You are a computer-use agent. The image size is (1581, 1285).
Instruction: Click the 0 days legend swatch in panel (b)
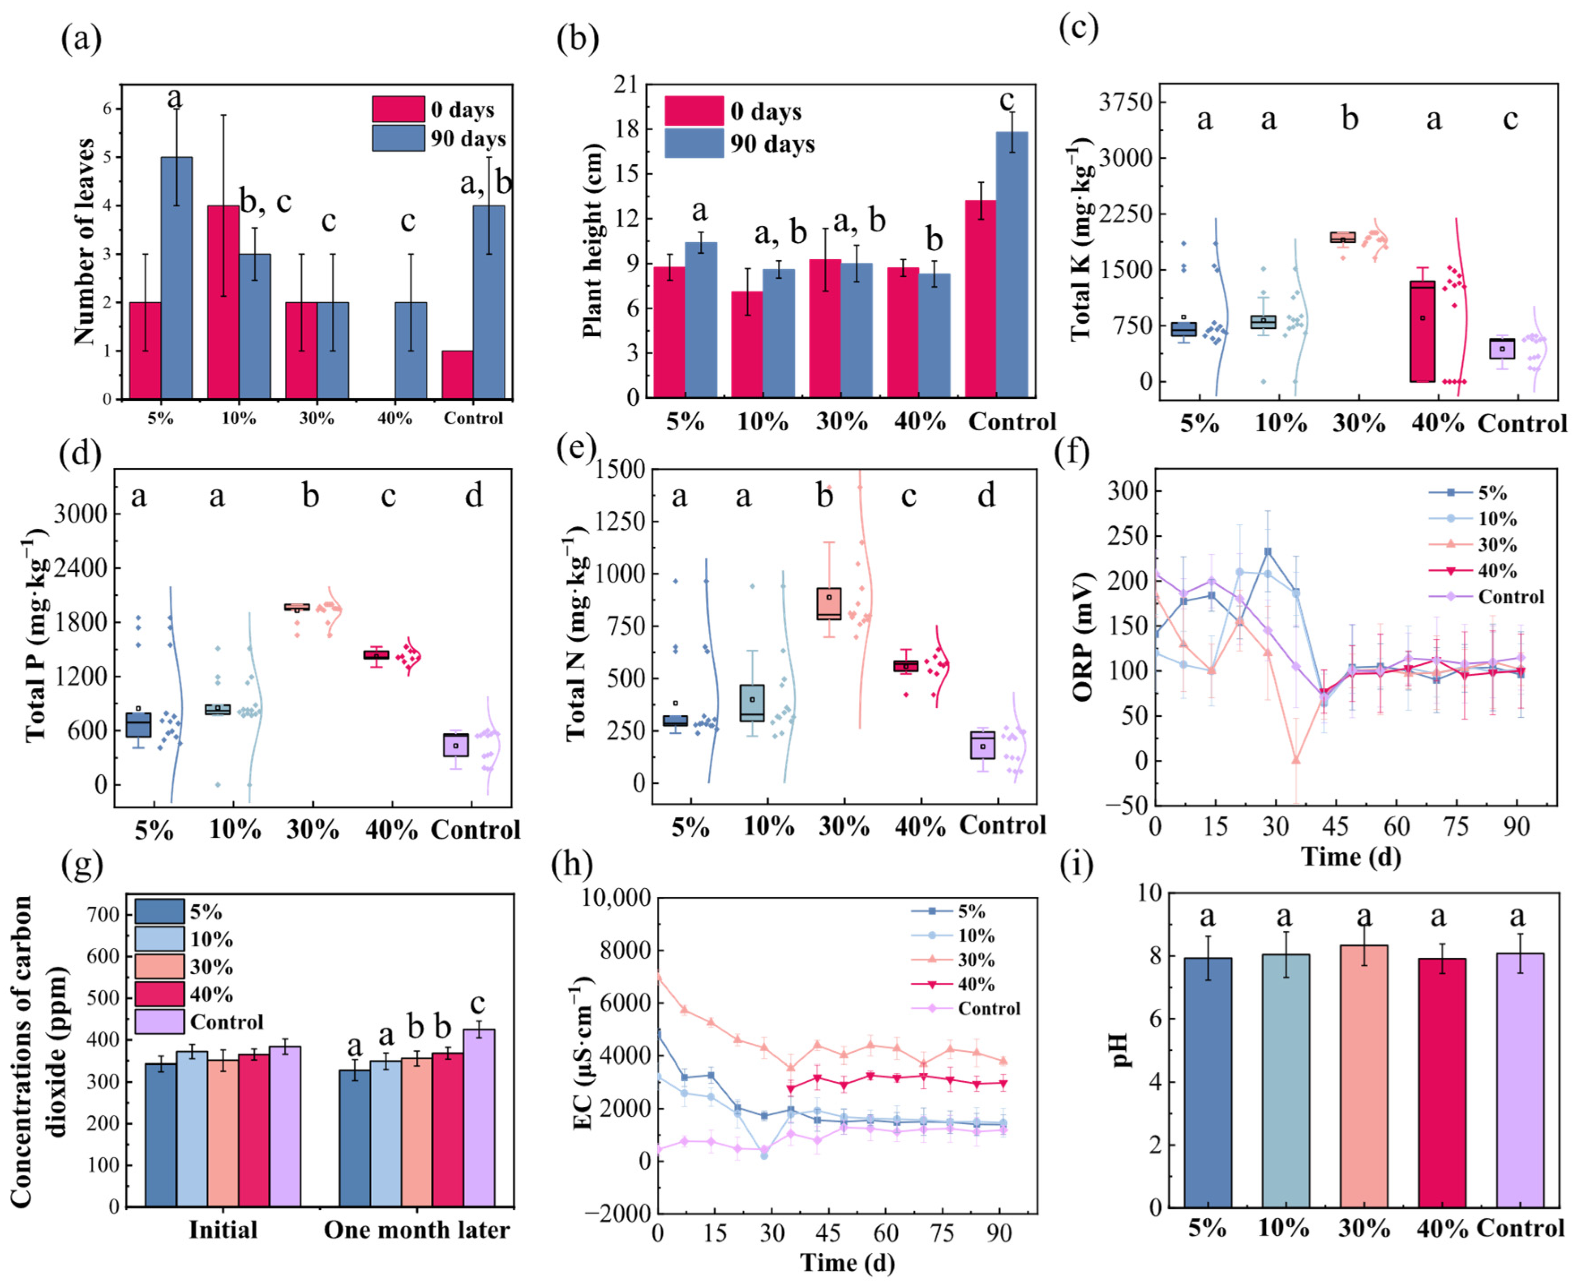[694, 111]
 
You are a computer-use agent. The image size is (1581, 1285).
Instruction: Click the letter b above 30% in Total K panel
[1350, 119]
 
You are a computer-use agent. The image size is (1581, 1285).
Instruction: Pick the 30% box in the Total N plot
[828, 603]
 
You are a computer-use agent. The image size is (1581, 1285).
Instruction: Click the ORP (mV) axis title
[1082, 637]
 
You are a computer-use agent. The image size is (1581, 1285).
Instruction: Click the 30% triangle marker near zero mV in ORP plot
[1295, 760]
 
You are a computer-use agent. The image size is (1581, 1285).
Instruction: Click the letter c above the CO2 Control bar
[478, 1004]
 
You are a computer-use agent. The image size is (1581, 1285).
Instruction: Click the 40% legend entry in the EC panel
[976, 985]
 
